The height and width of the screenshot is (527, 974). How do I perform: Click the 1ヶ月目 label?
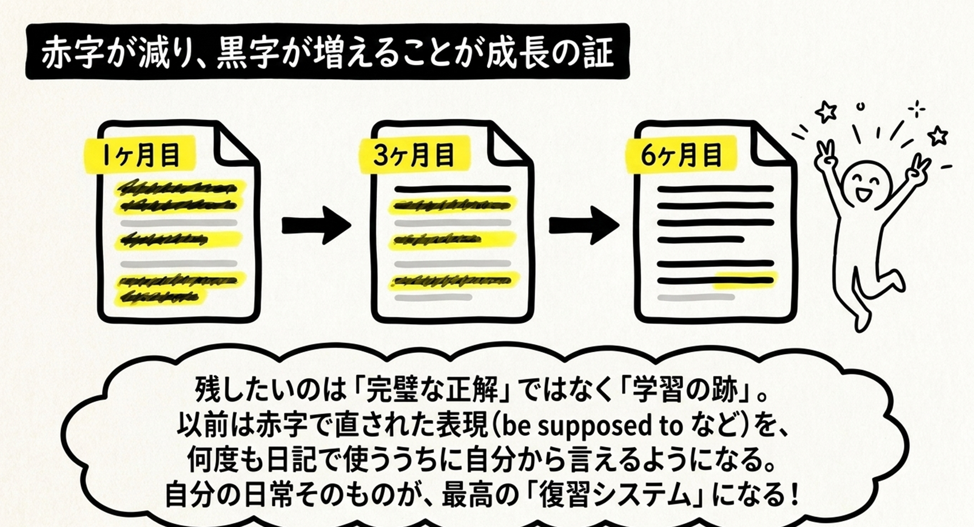tap(139, 155)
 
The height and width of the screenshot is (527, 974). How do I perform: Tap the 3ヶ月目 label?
tap(414, 155)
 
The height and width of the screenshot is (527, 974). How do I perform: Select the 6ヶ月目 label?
tap(681, 155)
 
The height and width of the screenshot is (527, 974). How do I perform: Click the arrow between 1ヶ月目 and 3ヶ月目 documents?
tap(317, 225)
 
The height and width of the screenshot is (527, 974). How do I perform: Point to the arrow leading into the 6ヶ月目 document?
tap(584, 225)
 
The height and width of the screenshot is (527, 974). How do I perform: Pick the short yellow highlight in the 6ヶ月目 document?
tap(745, 281)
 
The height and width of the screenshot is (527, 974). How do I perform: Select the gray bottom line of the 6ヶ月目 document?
tap(696, 298)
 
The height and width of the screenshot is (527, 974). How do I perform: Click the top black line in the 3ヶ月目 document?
tap(452, 189)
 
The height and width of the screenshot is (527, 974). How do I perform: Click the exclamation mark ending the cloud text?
tap(795, 495)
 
